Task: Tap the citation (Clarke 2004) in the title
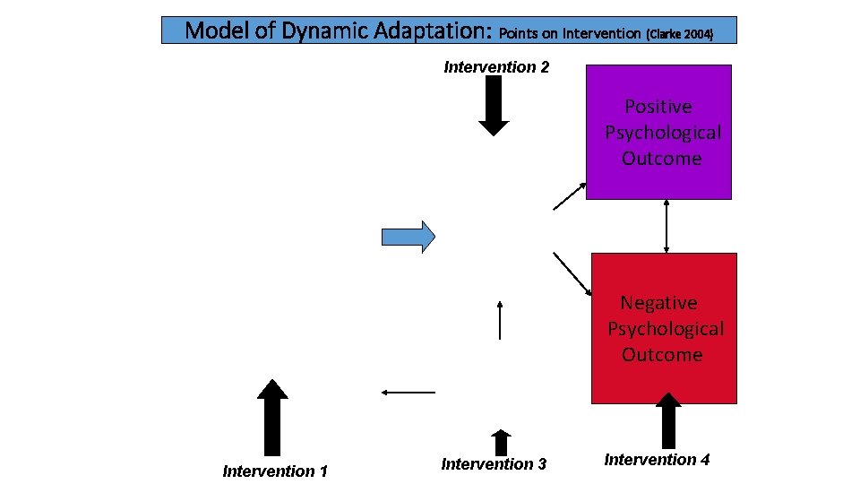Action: point(679,34)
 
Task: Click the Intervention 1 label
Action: point(275,471)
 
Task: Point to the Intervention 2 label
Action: point(496,67)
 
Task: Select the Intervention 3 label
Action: point(494,463)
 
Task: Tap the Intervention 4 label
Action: point(657,460)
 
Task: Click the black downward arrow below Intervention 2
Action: point(494,106)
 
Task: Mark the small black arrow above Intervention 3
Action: point(501,441)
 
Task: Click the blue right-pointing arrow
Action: point(408,236)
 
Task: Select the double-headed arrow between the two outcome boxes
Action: point(666,226)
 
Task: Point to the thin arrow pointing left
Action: point(408,392)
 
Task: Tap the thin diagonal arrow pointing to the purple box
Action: point(570,196)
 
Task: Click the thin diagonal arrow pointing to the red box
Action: point(572,273)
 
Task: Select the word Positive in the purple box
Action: point(658,107)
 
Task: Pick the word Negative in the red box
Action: point(658,303)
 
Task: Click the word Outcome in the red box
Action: point(662,354)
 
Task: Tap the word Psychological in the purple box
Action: point(662,133)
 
